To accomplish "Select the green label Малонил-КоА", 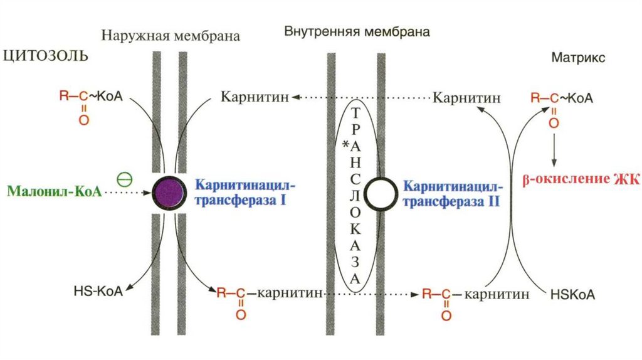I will tap(54, 191).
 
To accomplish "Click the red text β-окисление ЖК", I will tap(580, 180).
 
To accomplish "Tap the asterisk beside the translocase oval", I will tap(344, 146).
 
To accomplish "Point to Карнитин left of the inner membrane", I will tap(254, 97).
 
